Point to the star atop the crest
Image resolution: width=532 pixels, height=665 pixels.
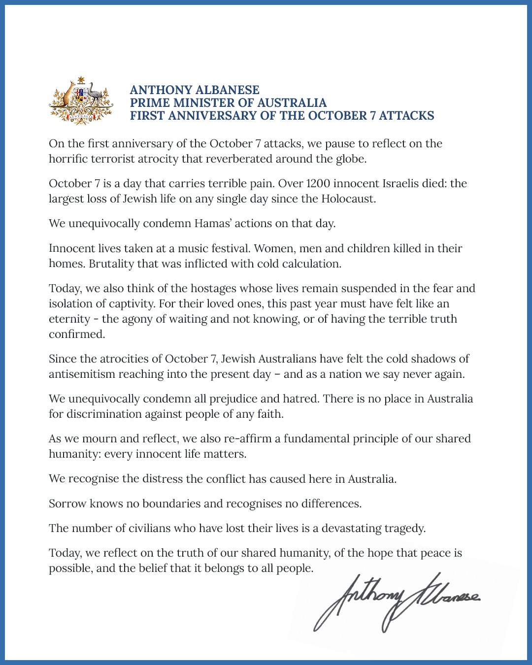click(81, 80)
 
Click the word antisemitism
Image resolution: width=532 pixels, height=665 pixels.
click(82, 374)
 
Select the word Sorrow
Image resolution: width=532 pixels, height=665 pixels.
click(67, 504)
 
